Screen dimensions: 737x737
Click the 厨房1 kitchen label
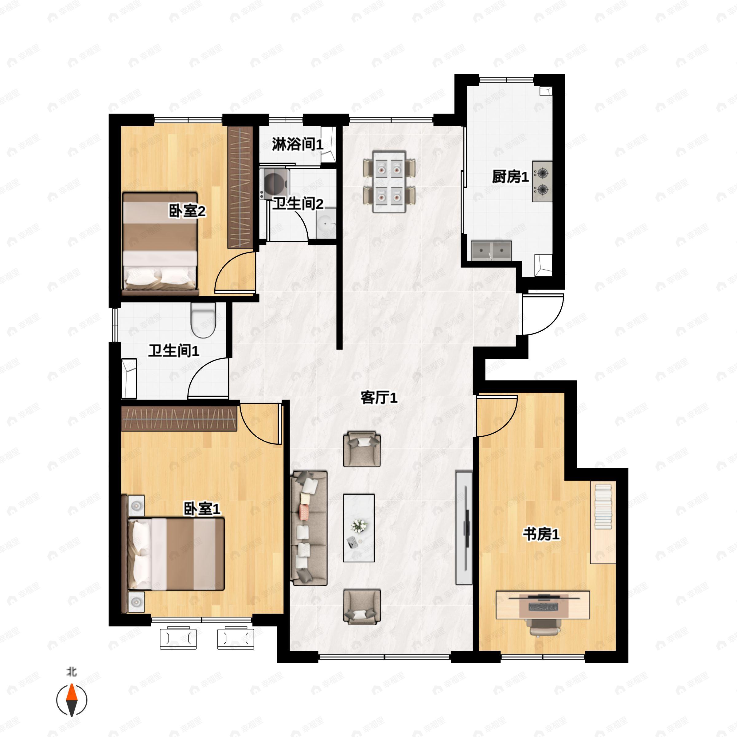[x=510, y=177]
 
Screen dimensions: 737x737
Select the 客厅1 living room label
[x=379, y=398]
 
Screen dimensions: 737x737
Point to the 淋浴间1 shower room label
[x=298, y=144]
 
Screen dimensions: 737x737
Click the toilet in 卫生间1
[x=203, y=320]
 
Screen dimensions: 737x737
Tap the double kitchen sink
[x=491, y=251]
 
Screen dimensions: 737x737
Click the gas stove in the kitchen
[x=542, y=181]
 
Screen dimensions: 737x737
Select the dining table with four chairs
[x=389, y=181]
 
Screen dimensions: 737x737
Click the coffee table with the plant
[x=359, y=528]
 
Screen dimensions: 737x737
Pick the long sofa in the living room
[x=309, y=528]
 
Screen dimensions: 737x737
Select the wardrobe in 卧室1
[x=179, y=419]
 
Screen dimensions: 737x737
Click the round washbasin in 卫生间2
[x=326, y=222]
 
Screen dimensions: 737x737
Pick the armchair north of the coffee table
[x=362, y=449]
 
